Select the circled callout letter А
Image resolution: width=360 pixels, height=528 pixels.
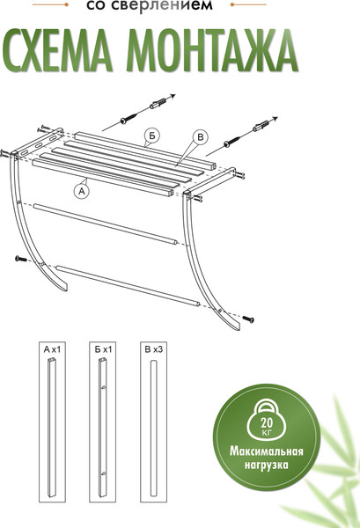point(82,189)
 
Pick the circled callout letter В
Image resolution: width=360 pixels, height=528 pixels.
point(199,136)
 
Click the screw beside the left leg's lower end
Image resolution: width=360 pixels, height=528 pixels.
point(21,258)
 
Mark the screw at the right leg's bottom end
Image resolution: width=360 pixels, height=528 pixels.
point(249,318)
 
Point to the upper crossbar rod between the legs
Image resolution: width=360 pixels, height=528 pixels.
point(106,224)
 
